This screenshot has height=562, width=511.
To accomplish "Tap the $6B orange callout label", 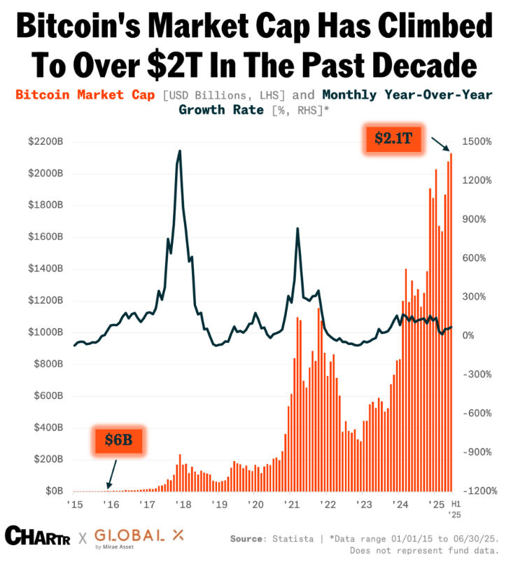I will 118,440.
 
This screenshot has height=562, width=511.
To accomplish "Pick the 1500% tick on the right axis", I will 475,141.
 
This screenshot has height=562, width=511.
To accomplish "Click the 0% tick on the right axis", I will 468,336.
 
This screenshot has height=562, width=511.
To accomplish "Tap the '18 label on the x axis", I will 182,505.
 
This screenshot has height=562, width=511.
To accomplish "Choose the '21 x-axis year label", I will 290,505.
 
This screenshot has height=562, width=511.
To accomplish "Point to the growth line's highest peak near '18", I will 180,151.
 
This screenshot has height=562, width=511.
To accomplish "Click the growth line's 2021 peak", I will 297,229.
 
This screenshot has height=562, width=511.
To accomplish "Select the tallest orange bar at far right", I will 451,322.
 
